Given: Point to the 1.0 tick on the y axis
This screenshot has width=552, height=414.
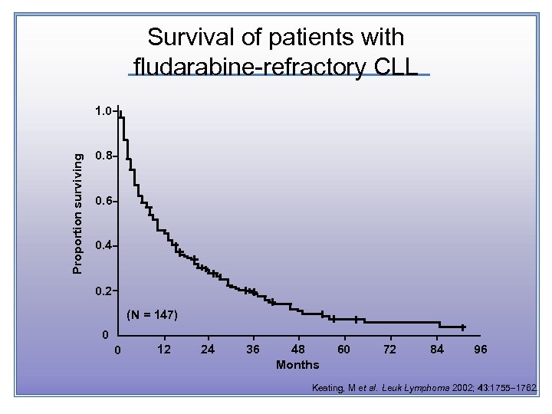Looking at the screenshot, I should (103, 111).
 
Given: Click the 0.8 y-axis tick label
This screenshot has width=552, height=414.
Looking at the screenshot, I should (103, 156).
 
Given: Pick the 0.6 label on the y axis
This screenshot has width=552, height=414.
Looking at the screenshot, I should (103, 202).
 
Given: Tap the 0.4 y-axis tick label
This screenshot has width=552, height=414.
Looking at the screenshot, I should (103, 246).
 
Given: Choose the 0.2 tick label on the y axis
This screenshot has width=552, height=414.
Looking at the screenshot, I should (103, 291).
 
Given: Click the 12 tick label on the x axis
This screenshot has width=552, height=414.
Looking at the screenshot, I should (163, 350).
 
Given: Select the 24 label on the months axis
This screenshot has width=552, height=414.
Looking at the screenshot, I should (208, 350).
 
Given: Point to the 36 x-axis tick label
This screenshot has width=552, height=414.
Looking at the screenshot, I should (253, 350).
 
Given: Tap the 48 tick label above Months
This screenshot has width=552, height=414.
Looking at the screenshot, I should (298, 350).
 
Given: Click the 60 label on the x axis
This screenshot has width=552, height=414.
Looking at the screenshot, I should (344, 350).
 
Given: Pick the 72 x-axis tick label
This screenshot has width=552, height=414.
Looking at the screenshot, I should (389, 350).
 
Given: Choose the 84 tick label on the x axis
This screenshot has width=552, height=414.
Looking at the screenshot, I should (435, 350).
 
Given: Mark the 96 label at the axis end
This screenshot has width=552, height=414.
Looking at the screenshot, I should (481, 350).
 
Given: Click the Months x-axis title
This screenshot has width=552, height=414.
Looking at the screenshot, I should (297, 364).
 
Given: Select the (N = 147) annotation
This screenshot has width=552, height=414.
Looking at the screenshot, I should (152, 315).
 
